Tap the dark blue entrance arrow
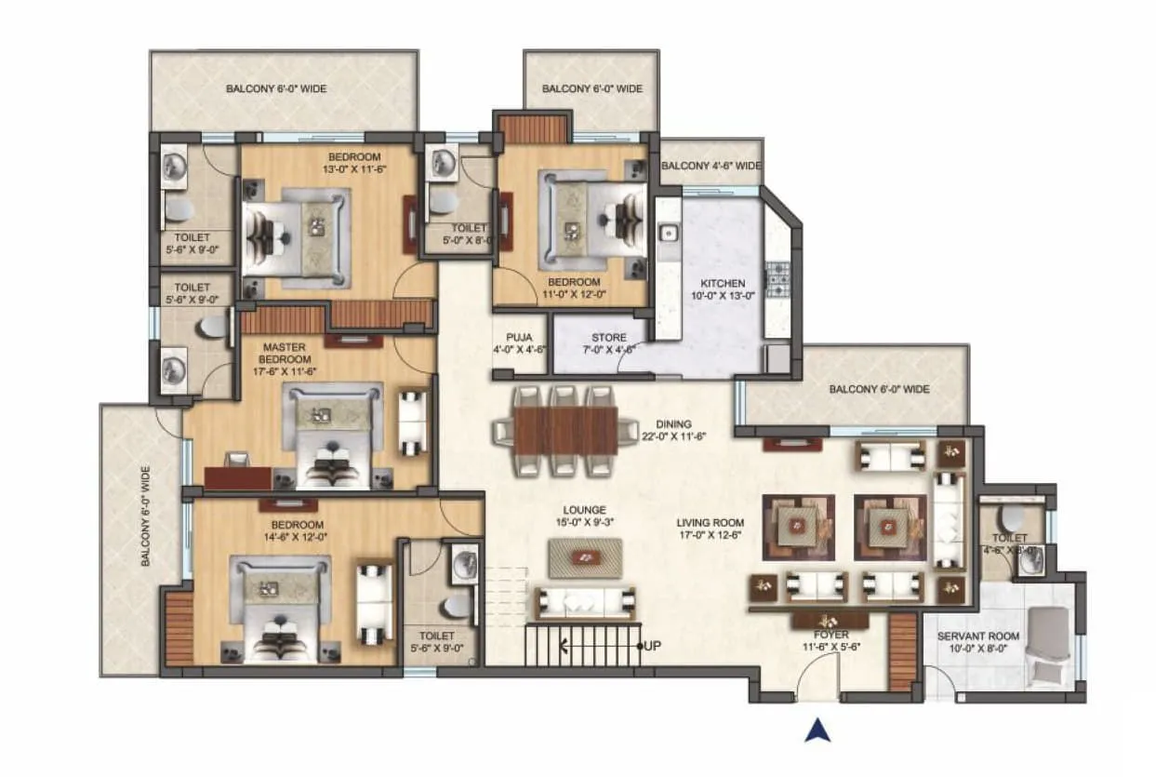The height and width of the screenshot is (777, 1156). point(817,730)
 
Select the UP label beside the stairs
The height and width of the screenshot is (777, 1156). point(653,645)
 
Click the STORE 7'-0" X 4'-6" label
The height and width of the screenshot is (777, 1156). point(609,343)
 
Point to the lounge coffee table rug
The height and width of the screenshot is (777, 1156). point(585,558)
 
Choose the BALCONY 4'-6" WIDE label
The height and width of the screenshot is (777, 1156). point(711,167)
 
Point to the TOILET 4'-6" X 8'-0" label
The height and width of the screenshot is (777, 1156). point(1009,544)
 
